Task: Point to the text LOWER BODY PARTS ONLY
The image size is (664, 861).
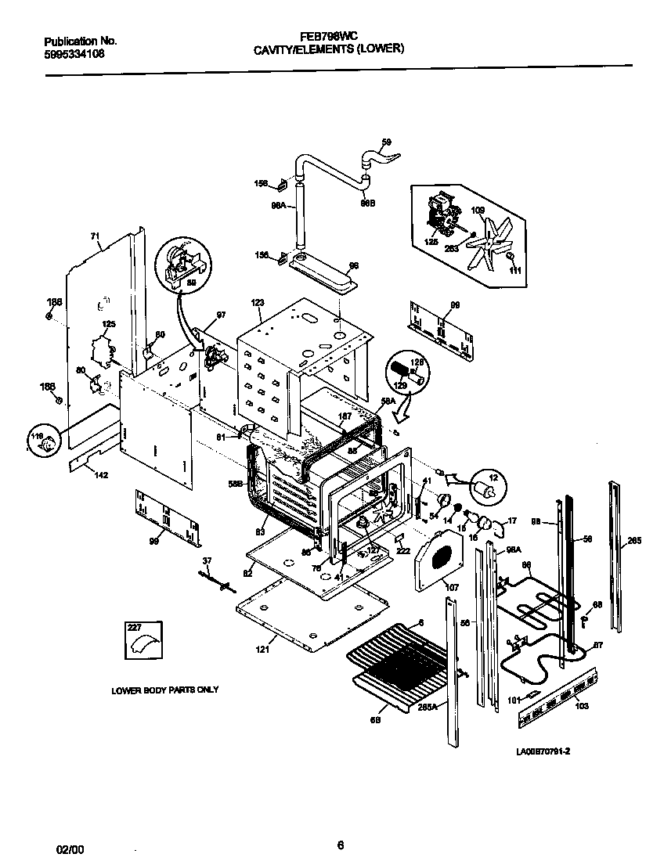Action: pos(164,690)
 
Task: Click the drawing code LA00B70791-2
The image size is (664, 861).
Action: pos(543,751)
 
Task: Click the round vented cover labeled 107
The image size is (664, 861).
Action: pos(440,557)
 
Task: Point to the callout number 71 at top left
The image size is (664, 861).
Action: pos(96,236)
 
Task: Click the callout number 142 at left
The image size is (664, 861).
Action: pos(102,475)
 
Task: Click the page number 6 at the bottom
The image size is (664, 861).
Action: pos(340,844)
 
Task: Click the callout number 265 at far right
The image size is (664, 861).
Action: pos(633,540)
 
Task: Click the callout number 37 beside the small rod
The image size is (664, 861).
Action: pos(207,560)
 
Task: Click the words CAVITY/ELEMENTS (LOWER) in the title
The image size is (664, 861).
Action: pos(329,49)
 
